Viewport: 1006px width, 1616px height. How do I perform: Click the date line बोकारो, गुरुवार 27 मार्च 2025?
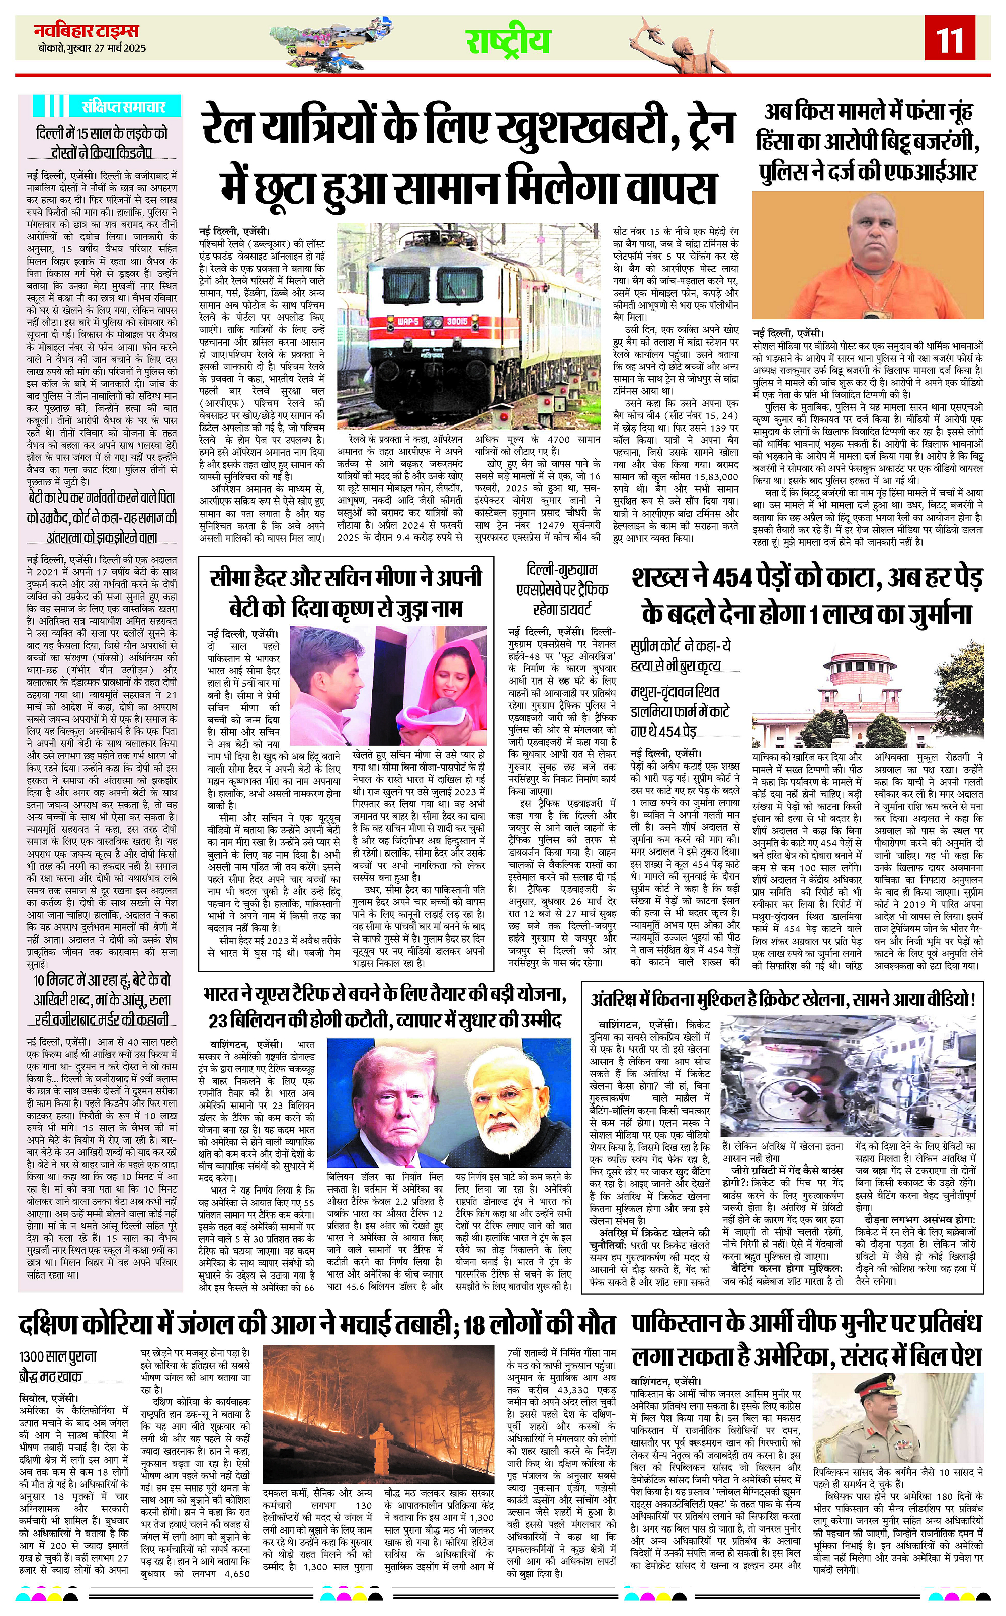coord(92,48)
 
